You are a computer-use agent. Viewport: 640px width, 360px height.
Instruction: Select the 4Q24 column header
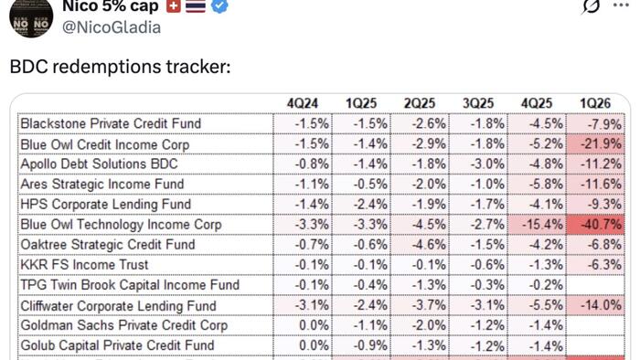coord(302,103)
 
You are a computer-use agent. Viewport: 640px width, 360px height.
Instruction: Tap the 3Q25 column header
coord(480,103)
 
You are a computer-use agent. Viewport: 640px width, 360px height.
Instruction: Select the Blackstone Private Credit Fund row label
coord(111,123)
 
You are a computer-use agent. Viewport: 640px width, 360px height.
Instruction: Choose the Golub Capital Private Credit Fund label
coord(117,345)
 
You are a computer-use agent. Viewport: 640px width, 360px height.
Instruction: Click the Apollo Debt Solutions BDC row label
coord(99,164)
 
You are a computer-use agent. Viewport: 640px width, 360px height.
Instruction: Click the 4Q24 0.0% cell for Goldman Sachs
coord(307,325)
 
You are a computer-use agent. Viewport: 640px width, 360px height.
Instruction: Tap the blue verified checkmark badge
coord(220,6)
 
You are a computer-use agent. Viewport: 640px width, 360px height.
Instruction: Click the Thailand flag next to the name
coord(195,6)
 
